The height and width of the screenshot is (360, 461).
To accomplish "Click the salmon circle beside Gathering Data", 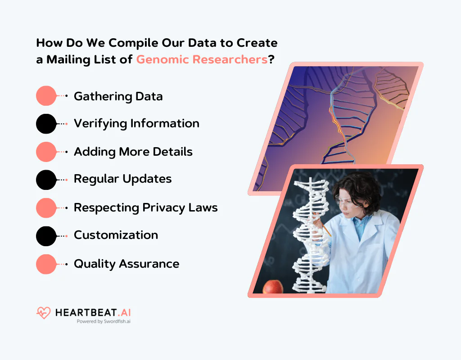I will click(46, 96).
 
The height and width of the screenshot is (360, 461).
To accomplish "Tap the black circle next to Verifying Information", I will click(46, 124).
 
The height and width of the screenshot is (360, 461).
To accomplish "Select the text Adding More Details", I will click(133, 152).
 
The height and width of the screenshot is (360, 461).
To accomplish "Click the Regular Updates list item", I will click(122, 179).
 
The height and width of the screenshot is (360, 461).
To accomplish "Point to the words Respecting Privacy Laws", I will click(145, 207).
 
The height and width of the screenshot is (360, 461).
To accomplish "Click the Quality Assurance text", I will click(126, 264).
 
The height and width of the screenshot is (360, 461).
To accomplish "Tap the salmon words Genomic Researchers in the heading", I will click(202, 59).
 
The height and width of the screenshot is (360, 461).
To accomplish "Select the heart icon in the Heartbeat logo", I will click(43, 313).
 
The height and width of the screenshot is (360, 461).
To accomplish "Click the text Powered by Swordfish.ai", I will click(104, 322).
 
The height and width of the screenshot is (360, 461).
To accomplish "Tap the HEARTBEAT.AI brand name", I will click(93, 312).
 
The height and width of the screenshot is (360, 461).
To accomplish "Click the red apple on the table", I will click(272, 287).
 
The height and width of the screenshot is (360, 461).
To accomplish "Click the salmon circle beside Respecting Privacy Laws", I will click(46, 207).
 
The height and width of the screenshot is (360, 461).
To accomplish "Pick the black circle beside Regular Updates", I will click(46, 180).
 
